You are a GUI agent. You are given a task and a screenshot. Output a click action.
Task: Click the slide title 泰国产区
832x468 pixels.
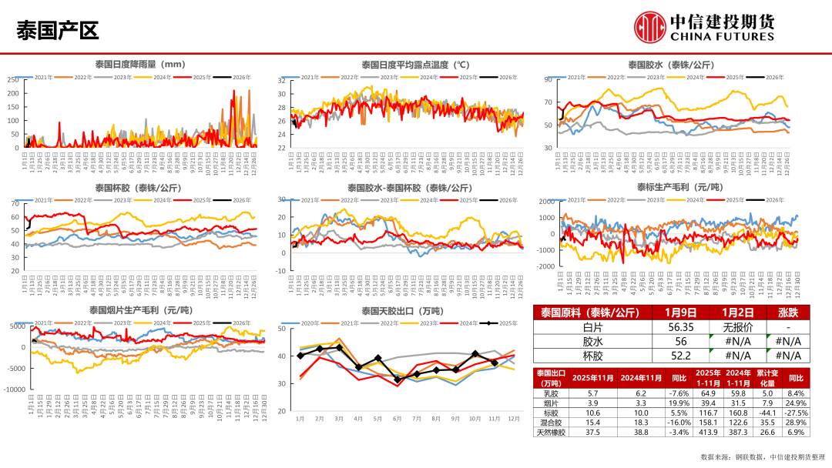[x=58, y=31]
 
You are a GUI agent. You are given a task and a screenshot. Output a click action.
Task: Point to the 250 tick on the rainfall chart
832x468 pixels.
[x=13, y=80]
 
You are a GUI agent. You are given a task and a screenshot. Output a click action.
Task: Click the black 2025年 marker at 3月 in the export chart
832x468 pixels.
[x=339, y=348]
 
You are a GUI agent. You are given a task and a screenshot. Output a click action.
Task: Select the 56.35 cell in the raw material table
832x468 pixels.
[x=680, y=326]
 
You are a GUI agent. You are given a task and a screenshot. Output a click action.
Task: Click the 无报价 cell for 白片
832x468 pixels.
[x=737, y=326]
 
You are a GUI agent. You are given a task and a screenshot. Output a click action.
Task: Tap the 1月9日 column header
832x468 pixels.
[x=680, y=313]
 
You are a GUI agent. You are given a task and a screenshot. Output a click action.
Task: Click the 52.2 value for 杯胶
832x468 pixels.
[x=680, y=355]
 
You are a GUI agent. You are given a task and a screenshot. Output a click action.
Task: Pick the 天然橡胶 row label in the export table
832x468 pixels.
[x=550, y=433]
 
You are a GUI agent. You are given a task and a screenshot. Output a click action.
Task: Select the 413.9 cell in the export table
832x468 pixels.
[x=708, y=433]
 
